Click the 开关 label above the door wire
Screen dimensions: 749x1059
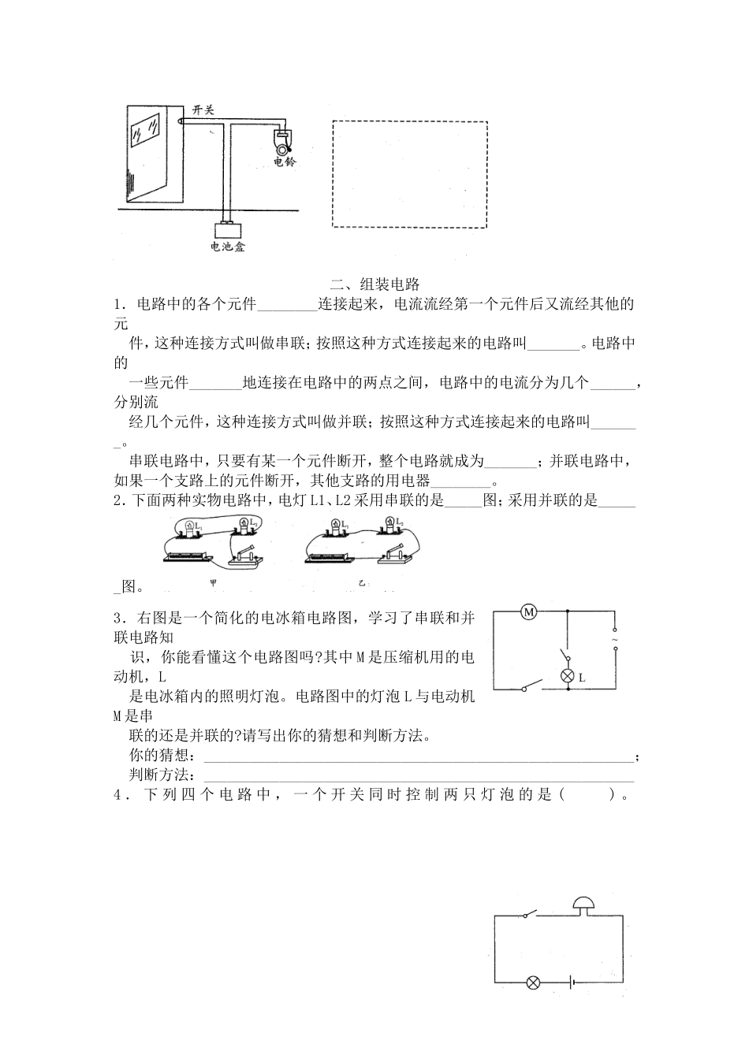tap(203, 111)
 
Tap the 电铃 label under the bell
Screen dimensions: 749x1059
tap(285, 162)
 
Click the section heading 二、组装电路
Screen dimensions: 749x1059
tap(374, 284)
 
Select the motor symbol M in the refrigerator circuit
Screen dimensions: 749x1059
tap(529, 612)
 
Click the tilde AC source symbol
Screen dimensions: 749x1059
tap(615, 640)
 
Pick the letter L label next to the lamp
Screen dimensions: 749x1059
tap(582, 677)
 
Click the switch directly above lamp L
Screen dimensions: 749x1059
tap(565, 656)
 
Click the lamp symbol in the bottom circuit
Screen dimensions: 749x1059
tap(533, 983)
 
